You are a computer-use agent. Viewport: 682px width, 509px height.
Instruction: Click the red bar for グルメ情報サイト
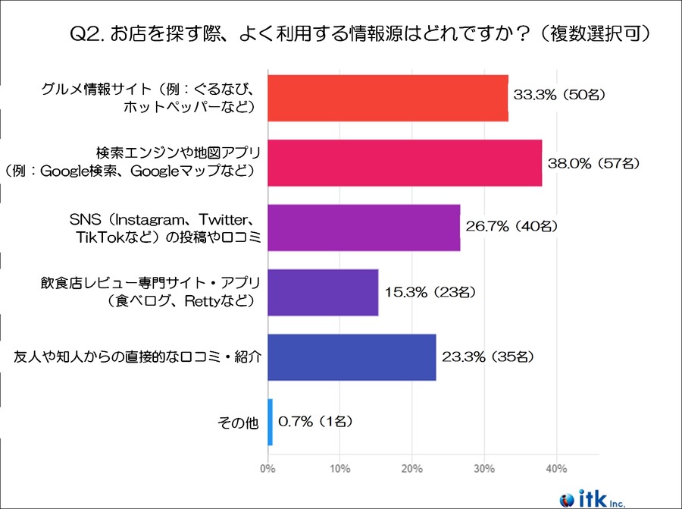point(387,98)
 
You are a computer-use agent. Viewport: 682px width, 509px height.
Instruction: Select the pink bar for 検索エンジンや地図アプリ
point(405,163)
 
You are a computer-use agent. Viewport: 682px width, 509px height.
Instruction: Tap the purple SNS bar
point(364,228)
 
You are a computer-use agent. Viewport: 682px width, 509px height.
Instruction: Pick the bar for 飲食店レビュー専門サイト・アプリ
point(323,292)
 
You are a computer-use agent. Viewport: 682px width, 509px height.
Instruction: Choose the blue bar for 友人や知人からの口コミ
point(352,357)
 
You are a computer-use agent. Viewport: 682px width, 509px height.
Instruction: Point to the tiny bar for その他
point(270,422)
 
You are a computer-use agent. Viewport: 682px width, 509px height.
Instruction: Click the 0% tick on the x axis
point(267,467)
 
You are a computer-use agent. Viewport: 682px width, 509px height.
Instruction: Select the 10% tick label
point(339,467)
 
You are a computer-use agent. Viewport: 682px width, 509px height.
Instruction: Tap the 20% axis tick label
point(411,467)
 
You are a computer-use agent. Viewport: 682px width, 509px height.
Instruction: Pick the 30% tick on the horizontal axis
point(484,467)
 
